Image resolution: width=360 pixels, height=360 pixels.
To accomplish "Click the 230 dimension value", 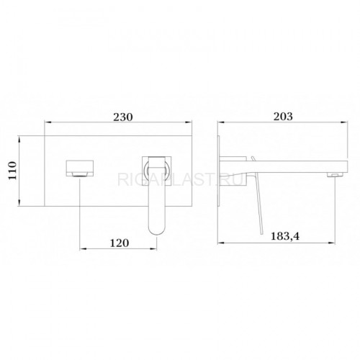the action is (123, 117).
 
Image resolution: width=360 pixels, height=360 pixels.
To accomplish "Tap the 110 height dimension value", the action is (12, 171).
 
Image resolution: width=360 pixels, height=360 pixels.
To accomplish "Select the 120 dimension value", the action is (120, 243).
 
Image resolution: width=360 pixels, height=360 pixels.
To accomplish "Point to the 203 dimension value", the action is (283, 117).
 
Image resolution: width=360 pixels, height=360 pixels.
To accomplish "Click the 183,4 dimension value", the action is (285, 236).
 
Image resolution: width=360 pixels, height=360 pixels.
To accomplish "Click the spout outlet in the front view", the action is (79, 174).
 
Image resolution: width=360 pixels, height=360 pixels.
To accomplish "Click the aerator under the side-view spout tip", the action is (335, 175).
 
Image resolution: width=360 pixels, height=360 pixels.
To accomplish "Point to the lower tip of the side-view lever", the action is (261, 233).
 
